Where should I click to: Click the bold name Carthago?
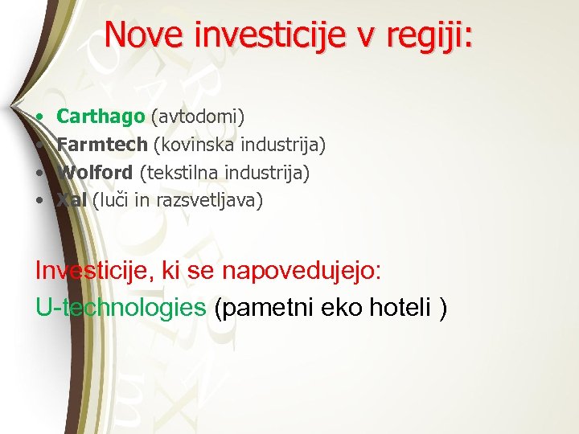tap(101, 117)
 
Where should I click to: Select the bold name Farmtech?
tap(102, 145)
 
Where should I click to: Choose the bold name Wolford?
tap(96, 172)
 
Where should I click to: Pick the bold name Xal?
tap(72, 200)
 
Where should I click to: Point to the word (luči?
tap(111, 200)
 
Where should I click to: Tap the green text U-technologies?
tap(121, 306)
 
